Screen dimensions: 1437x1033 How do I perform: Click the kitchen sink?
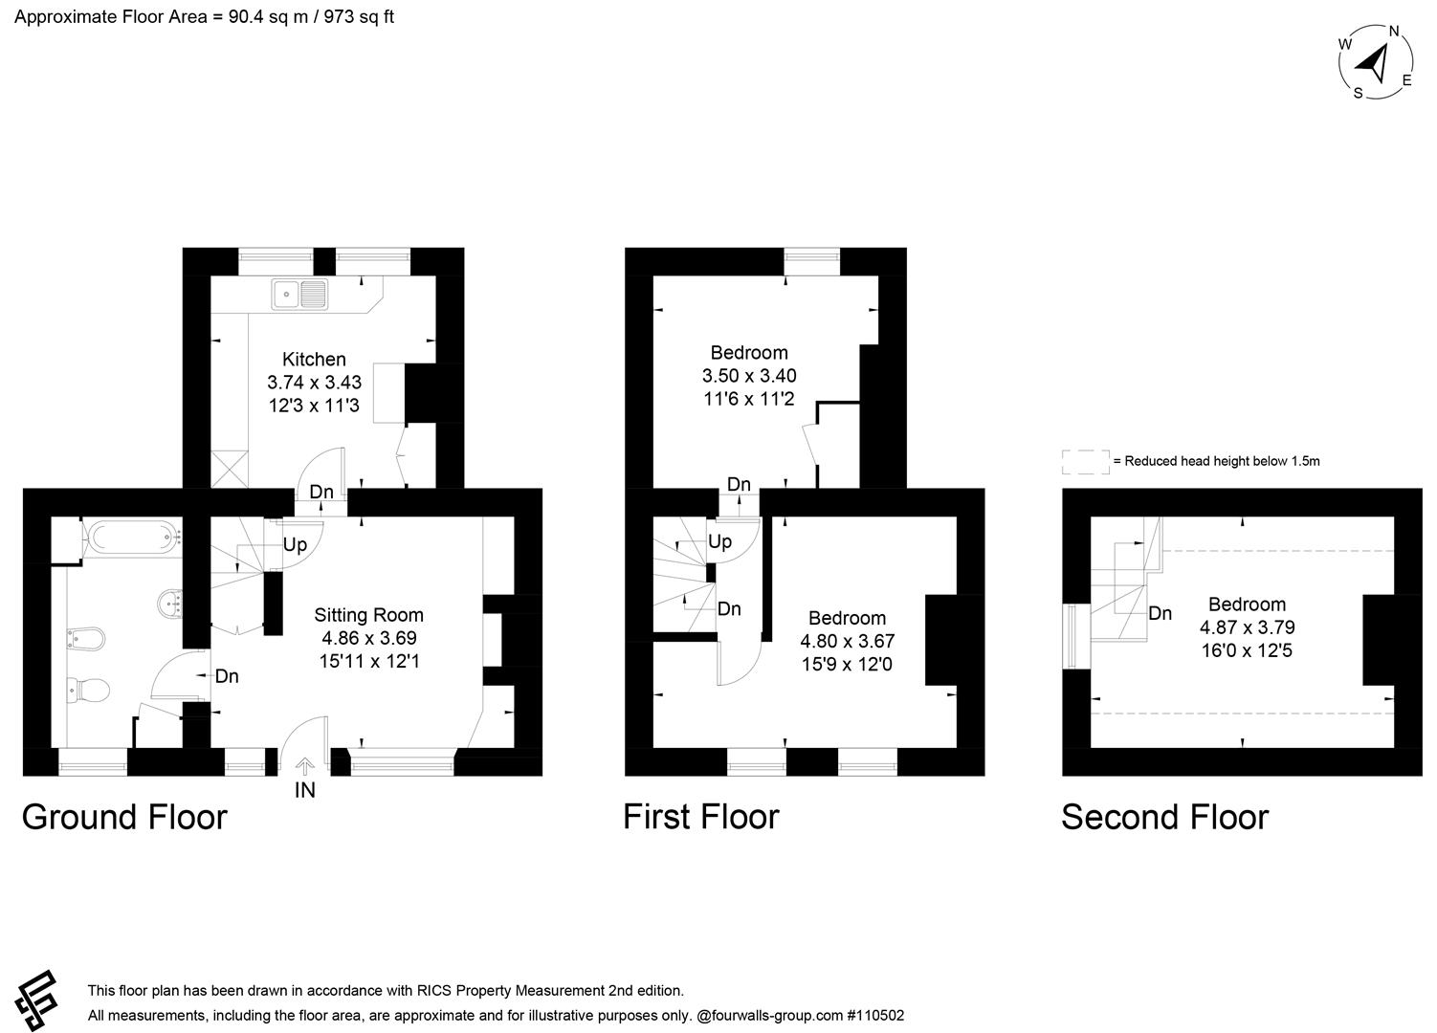(299, 295)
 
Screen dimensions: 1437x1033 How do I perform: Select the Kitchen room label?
(315, 359)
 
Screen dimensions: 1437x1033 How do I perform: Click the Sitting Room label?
(369, 615)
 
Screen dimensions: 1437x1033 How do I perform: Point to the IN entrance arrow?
(305, 767)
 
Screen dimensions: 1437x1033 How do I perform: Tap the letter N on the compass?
(1394, 32)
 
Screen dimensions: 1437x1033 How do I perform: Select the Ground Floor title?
(124, 818)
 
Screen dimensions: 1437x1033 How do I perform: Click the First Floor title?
(701, 818)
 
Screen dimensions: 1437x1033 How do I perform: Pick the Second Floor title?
(1165, 818)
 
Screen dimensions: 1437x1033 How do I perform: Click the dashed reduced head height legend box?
(1086, 462)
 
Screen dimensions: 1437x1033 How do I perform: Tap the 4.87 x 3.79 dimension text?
(1248, 627)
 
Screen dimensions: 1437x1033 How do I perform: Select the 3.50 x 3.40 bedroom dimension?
(749, 376)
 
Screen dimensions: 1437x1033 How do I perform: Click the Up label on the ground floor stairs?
(295, 545)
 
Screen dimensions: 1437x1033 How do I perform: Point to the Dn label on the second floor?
(1160, 614)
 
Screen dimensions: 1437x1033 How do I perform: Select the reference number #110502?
(875, 1016)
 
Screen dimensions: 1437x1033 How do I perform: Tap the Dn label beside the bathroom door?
(227, 676)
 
